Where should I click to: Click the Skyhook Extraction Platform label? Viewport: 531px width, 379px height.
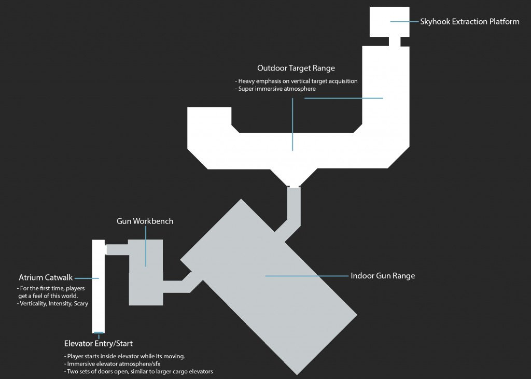pos(470,22)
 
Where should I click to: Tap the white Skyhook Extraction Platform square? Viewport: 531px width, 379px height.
pos(389,22)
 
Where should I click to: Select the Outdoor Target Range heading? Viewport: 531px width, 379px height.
pos(296,68)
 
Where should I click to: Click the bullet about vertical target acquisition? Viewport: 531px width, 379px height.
pos(297,81)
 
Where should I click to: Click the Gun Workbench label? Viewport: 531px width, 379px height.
pos(145,221)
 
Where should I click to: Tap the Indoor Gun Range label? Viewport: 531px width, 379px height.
pos(383,276)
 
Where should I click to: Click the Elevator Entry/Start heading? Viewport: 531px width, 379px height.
pos(99,343)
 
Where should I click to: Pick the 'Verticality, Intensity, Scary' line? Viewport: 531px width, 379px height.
pos(53,303)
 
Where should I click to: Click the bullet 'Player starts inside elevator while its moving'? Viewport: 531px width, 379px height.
pos(124,357)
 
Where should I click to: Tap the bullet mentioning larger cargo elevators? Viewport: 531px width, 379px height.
pos(138,371)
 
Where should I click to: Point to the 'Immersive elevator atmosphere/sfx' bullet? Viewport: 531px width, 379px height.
pos(113,364)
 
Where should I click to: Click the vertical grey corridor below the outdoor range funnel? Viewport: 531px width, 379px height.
pos(294,205)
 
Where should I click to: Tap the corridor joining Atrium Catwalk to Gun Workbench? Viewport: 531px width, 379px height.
pos(117,249)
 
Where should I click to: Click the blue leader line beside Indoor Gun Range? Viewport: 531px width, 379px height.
pos(306,276)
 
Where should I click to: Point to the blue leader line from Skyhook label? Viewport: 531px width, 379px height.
pos(404,22)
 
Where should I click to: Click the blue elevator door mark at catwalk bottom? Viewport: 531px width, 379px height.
pos(99,332)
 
